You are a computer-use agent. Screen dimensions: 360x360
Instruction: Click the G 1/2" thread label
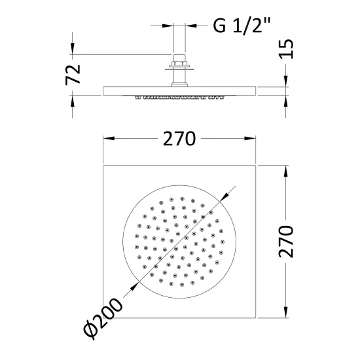[x=242, y=26]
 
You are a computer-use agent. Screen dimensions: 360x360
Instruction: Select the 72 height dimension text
[x=73, y=75]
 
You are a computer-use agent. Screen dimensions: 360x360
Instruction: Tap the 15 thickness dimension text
[x=286, y=49]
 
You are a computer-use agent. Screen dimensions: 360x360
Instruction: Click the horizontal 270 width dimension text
[x=179, y=139]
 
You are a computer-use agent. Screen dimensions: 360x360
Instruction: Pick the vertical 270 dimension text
[x=286, y=242]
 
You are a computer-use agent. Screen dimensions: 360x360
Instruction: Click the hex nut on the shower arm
[x=179, y=63]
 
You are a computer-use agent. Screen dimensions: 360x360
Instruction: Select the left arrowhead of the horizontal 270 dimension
[x=109, y=139]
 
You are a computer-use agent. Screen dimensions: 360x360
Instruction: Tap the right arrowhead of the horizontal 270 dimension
[x=250, y=139]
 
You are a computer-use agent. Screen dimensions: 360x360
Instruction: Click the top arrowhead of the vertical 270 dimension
[x=286, y=171]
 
